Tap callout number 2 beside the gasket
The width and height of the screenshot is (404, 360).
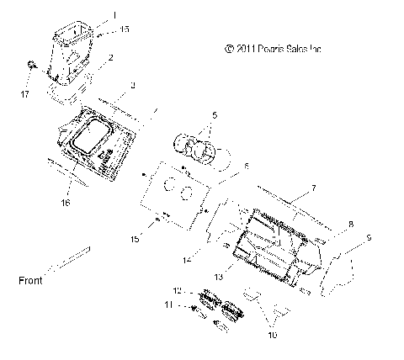coord(110,57)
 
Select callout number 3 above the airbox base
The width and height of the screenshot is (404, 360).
coord(132,86)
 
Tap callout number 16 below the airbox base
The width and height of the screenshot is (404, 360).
coord(66,203)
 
